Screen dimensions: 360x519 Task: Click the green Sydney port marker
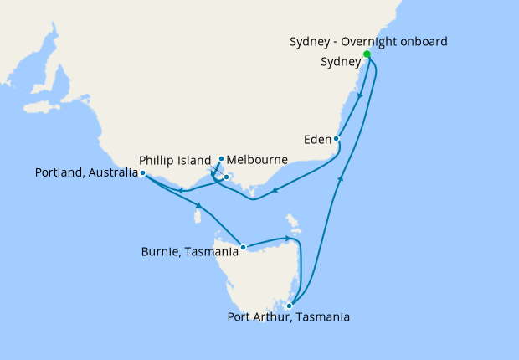(367, 54)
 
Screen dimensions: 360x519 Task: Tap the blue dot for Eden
(337, 139)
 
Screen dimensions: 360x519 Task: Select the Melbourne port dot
(221, 159)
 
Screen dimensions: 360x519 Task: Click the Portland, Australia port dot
(143, 173)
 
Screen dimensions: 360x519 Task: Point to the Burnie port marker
(243, 247)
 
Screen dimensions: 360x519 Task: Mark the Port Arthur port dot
(289, 306)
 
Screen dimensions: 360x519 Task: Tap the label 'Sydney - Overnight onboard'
(368, 42)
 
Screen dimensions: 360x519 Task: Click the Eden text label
(317, 139)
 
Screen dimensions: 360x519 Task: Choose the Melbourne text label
(258, 159)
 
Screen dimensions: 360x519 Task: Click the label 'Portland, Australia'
(86, 173)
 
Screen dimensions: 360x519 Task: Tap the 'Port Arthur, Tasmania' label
(288, 318)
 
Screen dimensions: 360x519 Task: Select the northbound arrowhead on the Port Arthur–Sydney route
(340, 177)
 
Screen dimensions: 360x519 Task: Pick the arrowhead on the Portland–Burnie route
(199, 206)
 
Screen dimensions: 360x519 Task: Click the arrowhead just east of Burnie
(287, 239)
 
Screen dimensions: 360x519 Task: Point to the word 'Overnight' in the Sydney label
(376, 42)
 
